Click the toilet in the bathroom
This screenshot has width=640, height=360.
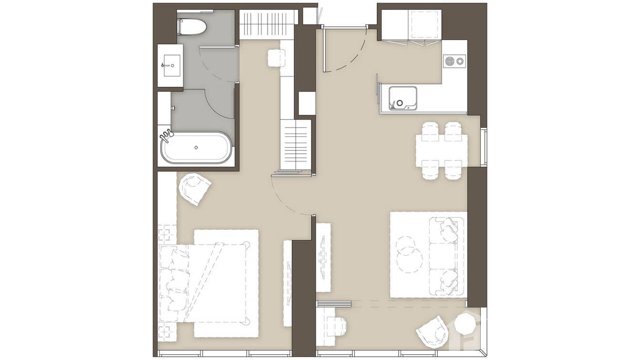pyautogui.click(x=192, y=27)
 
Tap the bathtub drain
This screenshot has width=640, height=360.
pyautogui.click(x=196, y=148)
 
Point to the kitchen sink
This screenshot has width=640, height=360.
pyautogui.click(x=403, y=98)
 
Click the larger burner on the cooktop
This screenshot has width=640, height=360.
pyautogui.click(x=449, y=61)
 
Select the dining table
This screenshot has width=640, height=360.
pyautogui.click(x=441, y=150)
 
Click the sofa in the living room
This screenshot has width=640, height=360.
pyautogui.click(x=446, y=256)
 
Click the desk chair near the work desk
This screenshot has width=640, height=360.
pyautogui.click(x=337, y=327)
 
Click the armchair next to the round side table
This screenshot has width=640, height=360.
pyautogui.click(x=433, y=331)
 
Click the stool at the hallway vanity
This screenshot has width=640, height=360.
pyautogui.click(x=276, y=58)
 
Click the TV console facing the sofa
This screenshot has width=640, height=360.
pyautogui.click(x=323, y=257)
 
